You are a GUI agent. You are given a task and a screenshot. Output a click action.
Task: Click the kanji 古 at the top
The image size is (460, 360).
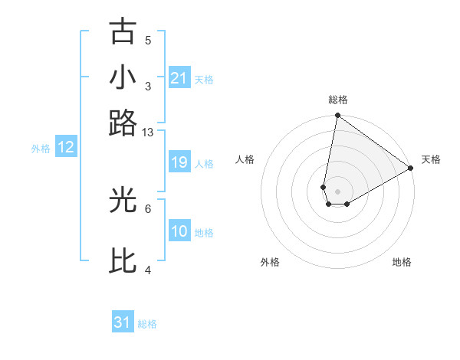pyautogui.click(x=123, y=31)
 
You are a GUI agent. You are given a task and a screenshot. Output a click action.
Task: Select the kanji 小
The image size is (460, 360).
pyautogui.click(x=123, y=77)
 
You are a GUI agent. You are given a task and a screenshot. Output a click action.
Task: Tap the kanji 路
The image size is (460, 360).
pyautogui.click(x=123, y=123)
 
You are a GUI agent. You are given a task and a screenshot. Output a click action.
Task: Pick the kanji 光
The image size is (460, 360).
pyautogui.click(x=123, y=200)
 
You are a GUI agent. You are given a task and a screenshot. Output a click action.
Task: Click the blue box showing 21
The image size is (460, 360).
pyautogui.click(x=179, y=77)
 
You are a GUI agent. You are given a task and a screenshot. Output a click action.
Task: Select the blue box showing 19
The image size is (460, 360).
pyautogui.click(x=179, y=162)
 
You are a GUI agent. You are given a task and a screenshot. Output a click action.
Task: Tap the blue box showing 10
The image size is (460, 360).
pyautogui.click(x=179, y=231)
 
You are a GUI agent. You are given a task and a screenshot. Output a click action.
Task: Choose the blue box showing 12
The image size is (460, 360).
pyautogui.click(x=66, y=147)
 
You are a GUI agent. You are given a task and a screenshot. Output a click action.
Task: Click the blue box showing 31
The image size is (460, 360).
pyautogui.click(x=123, y=323)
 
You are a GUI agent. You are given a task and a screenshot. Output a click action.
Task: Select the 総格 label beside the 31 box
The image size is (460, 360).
pyautogui.click(x=147, y=324)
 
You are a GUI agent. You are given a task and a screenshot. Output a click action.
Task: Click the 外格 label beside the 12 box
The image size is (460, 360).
pyautogui.click(x=41, y=149)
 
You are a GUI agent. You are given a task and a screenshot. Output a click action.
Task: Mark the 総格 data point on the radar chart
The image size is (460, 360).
pyautogui.click(x=337, y=116)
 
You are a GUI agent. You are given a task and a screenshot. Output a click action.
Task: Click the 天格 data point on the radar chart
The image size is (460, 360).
pyautogui.click(x=411, y=169)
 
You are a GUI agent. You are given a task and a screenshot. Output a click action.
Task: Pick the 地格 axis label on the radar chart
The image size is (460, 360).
pyautogui.click(x=402, y=262)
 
